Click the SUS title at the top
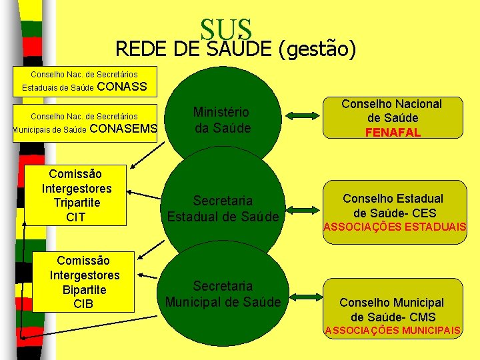226,29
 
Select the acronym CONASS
122,87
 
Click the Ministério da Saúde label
221,119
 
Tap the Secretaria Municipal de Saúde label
223,293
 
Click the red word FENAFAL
393,133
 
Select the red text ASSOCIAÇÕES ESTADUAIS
395,227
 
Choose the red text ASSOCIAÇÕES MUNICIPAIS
392,331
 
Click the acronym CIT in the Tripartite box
77,217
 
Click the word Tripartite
77,203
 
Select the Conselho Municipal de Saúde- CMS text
392,309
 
